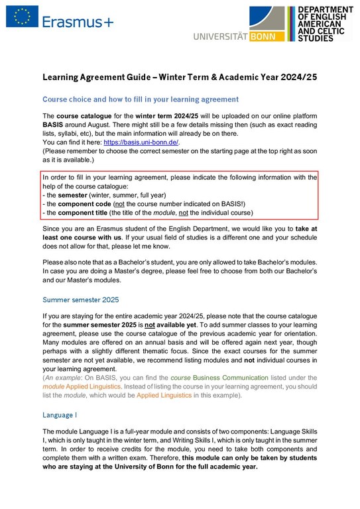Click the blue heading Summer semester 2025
point(80,300)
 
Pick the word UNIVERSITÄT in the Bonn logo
point(219,36)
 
